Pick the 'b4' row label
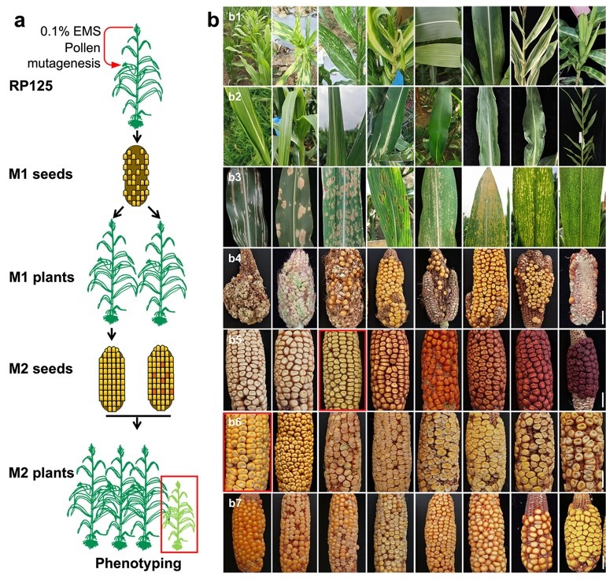coord(235,257)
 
